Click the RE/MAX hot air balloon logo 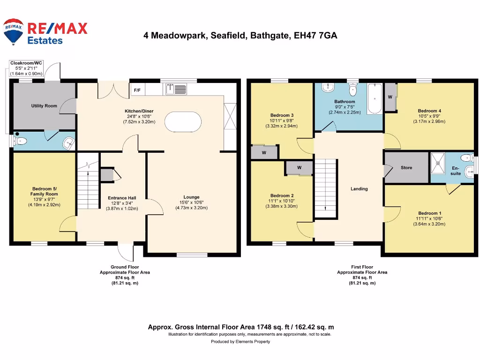tap(14, 32)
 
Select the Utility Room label tap(44, 106)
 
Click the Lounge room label tap(191, 197)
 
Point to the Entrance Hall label tap(122, 198)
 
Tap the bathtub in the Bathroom tap(374, 99)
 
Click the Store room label tap(406, 167)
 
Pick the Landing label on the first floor tap(359, 189)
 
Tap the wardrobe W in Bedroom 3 tap(264, 152)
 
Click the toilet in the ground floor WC tap(20, 141)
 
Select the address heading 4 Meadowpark tap(240, 36)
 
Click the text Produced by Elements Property tap(240, 342)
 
